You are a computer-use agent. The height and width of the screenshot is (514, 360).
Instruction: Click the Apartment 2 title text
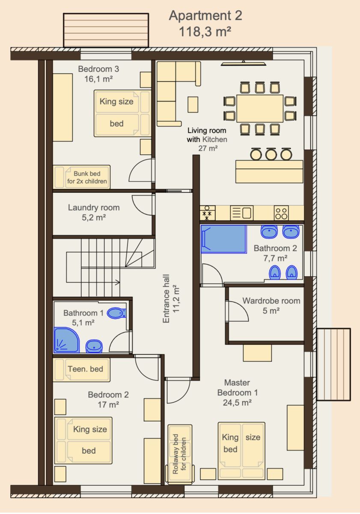[205, 15]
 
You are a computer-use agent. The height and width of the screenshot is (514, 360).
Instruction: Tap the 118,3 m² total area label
[205, 31]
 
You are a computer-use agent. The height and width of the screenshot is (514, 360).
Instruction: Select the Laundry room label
[94, 207]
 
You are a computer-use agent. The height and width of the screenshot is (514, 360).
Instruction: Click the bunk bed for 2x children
[82, 177]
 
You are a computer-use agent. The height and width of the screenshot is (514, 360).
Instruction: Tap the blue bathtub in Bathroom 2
[223, 239]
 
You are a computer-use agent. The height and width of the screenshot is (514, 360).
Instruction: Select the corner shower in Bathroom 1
[66, 340]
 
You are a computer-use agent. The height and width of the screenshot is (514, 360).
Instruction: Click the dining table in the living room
[260, 108]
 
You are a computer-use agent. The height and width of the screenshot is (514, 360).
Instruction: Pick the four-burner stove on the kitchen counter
[281, 213]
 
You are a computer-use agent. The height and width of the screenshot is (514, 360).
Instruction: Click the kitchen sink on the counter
[242, 213]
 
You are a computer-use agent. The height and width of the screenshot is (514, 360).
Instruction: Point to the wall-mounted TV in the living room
[244, 63]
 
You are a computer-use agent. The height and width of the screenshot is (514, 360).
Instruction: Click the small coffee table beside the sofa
[193, 105]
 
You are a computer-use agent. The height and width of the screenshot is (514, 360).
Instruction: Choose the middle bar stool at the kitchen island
[271, 154]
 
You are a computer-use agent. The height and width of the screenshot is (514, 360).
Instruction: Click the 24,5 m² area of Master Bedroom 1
[237, 403]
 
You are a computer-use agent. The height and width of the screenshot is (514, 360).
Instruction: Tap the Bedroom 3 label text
[98, 69]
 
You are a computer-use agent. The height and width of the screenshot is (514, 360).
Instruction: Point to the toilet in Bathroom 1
[117, 313]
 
